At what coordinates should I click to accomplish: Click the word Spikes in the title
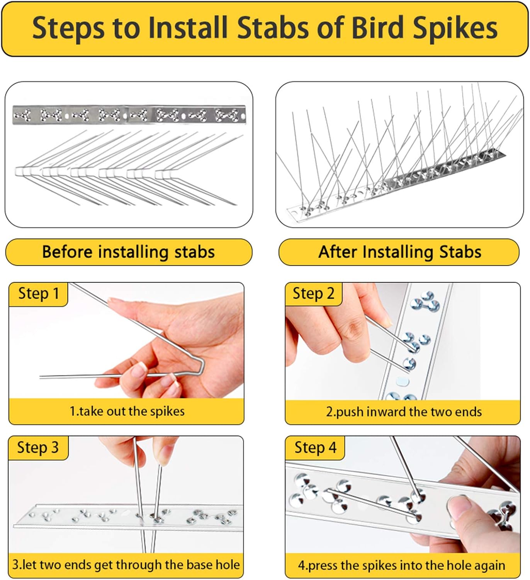click(x=455, y=29)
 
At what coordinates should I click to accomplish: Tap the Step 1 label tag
click(x=38, y=294)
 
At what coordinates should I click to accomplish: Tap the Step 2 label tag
click(x=313, y=294)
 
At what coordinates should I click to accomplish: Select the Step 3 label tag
click(x=38, y=448)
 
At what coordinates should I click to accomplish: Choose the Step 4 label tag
click(x=315, y=448)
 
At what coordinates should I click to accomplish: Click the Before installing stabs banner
click(x=128, y=252)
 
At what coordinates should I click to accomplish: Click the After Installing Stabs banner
click(x=399, y=252)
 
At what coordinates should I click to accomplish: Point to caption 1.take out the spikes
click(x=127, y=411)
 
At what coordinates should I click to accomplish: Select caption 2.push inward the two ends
click(x=403, y=412)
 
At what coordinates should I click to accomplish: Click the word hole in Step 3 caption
click(x=228, y=565)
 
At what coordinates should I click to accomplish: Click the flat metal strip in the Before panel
click(x=129, y=115)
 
